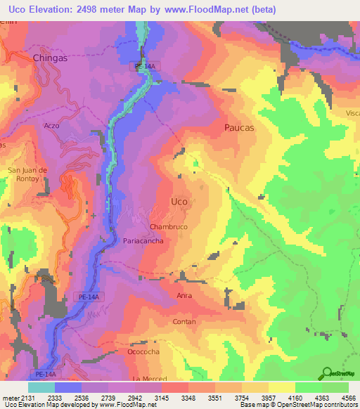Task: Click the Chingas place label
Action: [x=50, y=58]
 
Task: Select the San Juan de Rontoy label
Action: [x=27, y=173]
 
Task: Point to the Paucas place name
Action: [x=239, y=128]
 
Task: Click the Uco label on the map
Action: [x=179, y=202]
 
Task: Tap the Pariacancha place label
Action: [x=143, y=241]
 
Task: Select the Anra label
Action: [x=184, y=296]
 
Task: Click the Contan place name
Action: [x=184, y=322]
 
